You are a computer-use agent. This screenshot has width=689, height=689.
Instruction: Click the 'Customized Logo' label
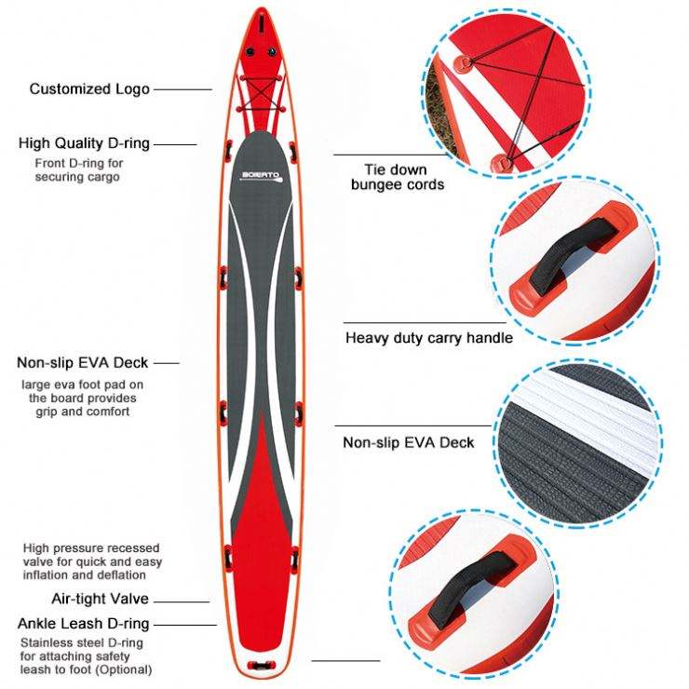pos(88,89)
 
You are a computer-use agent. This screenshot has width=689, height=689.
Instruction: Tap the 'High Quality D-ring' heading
pos(84,143)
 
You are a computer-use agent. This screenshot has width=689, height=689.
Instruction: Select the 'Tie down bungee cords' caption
pos(397,177)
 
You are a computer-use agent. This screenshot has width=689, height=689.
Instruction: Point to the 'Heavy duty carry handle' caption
pos(428,338)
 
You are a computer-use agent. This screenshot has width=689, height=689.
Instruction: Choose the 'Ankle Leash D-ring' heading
pos(84,623)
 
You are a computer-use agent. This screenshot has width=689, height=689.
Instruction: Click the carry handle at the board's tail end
pos(260,665)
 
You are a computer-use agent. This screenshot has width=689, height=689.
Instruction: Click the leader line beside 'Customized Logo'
pos(183,89)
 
